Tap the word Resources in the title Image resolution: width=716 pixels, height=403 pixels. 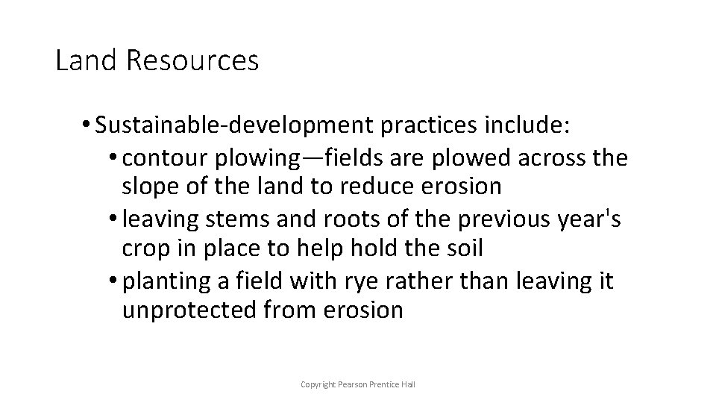[192, 60]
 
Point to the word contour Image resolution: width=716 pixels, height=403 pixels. [166, 158]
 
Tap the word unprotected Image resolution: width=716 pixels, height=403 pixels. [191, 310]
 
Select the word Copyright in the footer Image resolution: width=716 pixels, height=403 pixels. [317, 384]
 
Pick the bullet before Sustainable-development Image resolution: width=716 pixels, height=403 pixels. [88, 126]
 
